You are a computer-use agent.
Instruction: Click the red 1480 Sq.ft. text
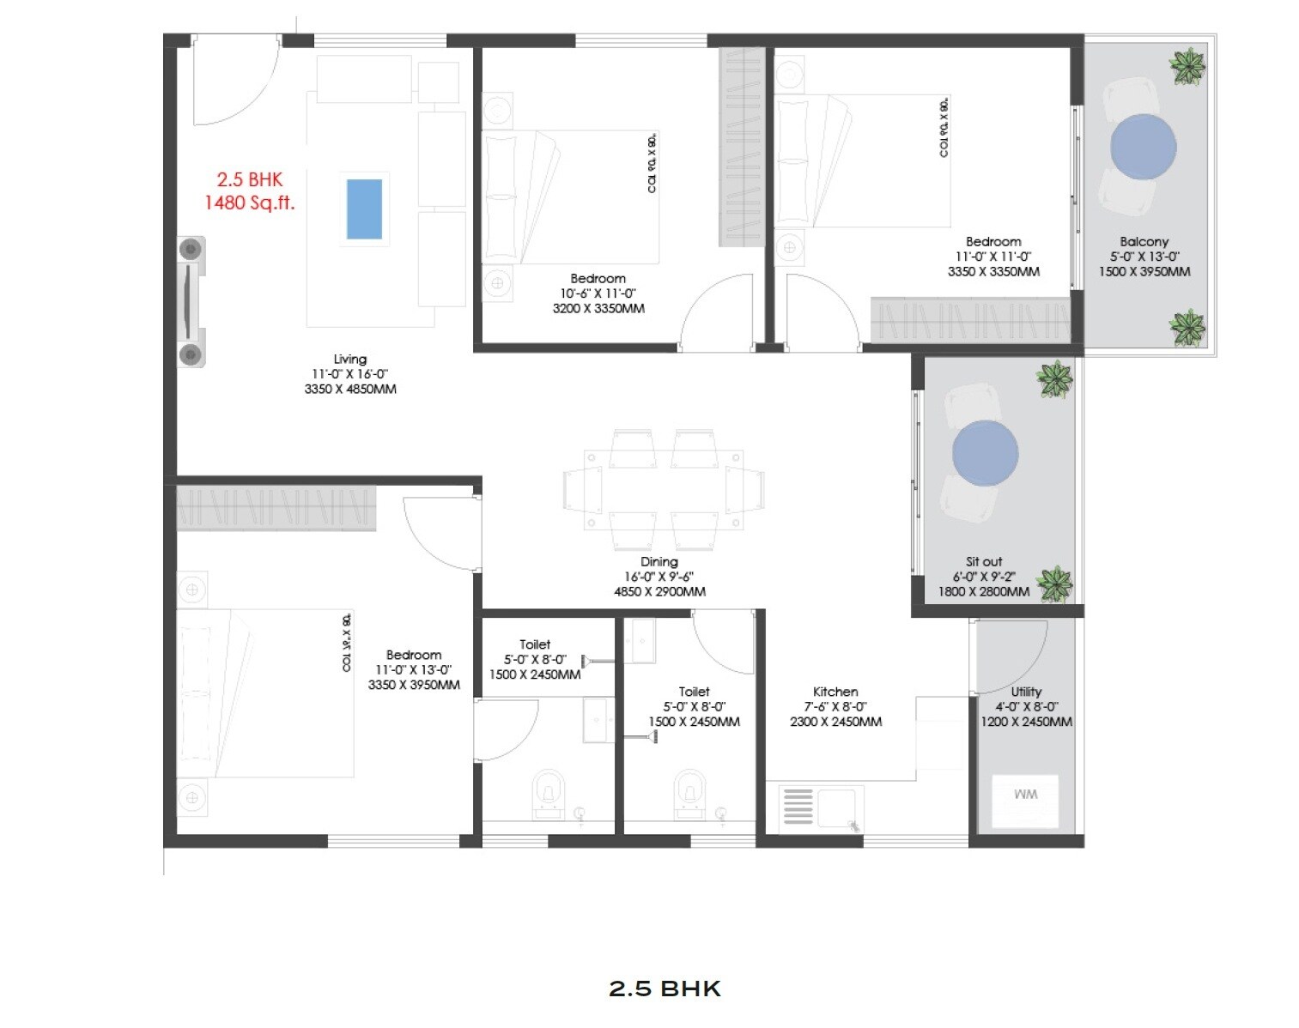pos(249,203)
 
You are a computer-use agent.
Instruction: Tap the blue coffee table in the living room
pos(364,209)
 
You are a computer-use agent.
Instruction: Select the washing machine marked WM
pos(1025,800)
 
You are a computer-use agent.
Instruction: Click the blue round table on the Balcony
pos(1143,146)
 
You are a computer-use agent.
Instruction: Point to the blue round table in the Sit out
pos(985,453)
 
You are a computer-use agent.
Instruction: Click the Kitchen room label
pos(835,692)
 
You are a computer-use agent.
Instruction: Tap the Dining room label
pos(659,562)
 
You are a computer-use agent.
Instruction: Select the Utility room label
pos(1026,692)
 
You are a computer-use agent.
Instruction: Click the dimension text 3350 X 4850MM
pos(350,389)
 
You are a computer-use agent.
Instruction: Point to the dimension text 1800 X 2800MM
pos(983,591)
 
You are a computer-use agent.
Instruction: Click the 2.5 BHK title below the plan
pos(665,989)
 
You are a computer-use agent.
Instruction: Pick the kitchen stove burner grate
pos(798,807)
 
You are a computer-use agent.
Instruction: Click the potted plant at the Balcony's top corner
pos(1188,67)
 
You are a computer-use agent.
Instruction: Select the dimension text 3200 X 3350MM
pos(598,308)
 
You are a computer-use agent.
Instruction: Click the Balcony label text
pos(1144,242)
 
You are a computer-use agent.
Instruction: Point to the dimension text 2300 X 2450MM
pos(835,722)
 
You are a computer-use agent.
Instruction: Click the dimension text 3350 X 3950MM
pos(414,685)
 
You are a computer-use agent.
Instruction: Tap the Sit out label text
pos(984,561)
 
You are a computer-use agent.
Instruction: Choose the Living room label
pos(350,359)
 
